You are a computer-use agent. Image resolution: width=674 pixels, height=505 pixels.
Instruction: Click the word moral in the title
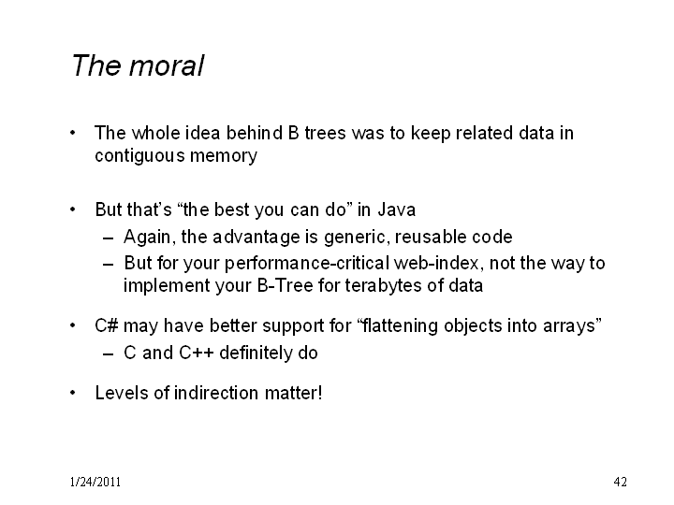pos(167,65)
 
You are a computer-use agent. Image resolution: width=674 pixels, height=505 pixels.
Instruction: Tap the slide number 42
pos(621,482)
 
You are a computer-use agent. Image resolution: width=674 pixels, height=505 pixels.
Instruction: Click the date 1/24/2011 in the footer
pos(95,482)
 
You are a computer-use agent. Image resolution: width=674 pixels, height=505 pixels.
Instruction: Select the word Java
pos(397,210)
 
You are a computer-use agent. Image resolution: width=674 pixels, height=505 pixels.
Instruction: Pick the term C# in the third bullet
pos(106,325)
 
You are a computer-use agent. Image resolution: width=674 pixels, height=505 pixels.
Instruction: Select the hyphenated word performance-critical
pos(307,263)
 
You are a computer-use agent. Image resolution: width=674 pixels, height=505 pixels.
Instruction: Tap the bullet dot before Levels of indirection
pos(73,393)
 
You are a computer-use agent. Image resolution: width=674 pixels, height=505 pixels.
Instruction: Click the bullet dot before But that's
pos(73,209)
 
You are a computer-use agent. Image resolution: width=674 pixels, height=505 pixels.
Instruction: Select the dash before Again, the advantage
pos(109,238)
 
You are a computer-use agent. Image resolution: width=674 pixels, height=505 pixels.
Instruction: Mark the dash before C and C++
pos(109,353)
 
